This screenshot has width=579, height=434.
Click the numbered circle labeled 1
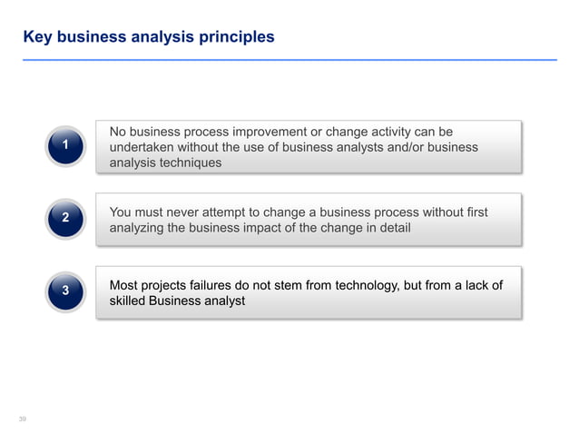coord(64,146)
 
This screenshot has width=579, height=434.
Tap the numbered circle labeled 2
coord(64,218)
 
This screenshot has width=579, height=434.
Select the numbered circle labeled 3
coord(64,291)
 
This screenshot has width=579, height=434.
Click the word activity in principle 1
coord(387,131)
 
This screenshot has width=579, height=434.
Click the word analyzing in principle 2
coord(139,228)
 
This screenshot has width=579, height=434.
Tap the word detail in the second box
coord(391,228)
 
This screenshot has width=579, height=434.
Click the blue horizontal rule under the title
coord(289,59)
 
